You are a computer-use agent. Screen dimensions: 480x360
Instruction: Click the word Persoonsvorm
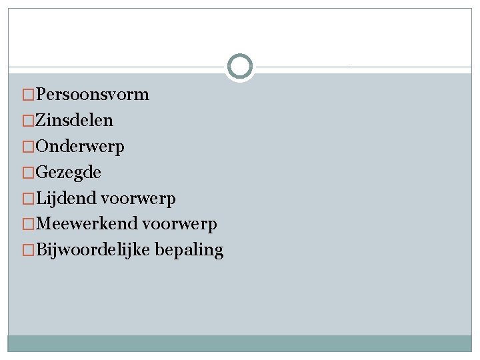pyautogui.click(x=92, y=95)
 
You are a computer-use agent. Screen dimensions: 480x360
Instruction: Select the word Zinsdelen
pyautogui.click(x=74, y=121)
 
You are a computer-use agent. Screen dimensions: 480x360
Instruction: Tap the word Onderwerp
pyautogui.click(x=79, y=147)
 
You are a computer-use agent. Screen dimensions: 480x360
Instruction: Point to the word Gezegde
pyautogui.click(x=68, y=173)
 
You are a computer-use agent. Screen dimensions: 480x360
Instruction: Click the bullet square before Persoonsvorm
pyautogui.click(x=28, y=95)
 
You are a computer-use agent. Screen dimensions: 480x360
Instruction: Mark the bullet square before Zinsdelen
pyautogui.click(x=28, y=121)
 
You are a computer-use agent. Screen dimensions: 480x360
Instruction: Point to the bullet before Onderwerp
pyautogui.click(x=28, y=147)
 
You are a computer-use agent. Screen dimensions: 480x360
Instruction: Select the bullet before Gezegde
pyautogui.click(x=28, y=173)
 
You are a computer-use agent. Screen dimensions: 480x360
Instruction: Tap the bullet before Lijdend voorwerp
pyautogui.click(x=28, y=199)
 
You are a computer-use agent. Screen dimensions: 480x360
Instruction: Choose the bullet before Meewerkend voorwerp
pyautogui.click(x=28, y=225)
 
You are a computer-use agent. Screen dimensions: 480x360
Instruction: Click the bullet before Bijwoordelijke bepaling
pyautogui.click(x=28, y=251)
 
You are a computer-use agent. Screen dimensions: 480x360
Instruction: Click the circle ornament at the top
pyautogui.click(x=240, y=67)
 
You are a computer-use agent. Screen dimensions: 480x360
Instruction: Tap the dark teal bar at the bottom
pyautogui.click(x=240, y=343)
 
